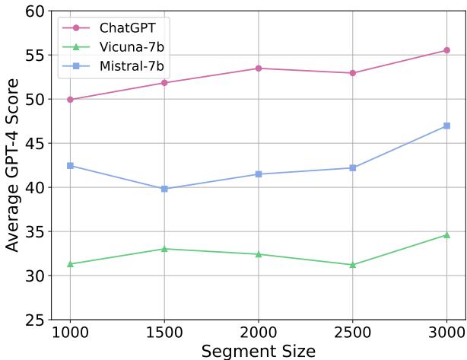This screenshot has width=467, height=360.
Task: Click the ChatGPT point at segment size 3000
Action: pos(446,50)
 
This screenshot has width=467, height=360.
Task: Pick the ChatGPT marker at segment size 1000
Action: pos(70,100)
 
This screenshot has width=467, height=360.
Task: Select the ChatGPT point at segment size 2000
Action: pos(259,68)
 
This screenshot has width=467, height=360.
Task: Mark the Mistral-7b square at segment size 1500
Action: pos(164,189)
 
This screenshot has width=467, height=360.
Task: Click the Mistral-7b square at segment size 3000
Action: pos(446,126)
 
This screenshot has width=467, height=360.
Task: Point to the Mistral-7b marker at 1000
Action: pos(70,165)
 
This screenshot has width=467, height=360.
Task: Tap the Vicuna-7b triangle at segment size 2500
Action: pos(353,265)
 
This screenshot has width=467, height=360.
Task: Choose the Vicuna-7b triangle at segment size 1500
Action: pos(164,249)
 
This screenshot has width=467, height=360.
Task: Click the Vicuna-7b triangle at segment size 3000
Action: pos(446,235)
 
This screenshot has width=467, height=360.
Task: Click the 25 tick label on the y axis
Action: pos(35,320)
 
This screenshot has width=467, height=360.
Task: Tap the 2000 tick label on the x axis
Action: pos(259,334)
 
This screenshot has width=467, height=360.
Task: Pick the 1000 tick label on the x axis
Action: pos(70,334)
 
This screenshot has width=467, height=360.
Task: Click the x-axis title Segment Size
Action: pos(259,351)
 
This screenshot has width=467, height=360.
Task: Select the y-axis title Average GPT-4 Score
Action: pos(11,165)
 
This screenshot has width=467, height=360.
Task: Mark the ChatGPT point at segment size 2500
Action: pos(353,73)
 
